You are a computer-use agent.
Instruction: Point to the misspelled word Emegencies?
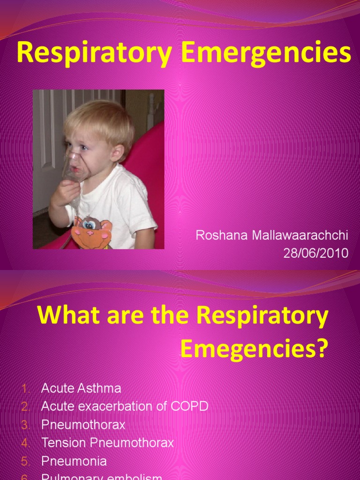[x=253, y=349]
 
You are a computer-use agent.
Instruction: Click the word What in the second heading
[x=64, y=316]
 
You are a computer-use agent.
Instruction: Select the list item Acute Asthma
[x=81, y=388]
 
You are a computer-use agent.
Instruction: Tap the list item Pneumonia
[x=74, y=461]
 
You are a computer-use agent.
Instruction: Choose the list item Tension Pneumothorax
[x=107, y=442]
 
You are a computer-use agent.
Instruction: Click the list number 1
[x=25, y=389]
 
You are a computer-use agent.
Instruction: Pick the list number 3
[x=25, y=425]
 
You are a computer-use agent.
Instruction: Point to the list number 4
[x=25, y=443]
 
